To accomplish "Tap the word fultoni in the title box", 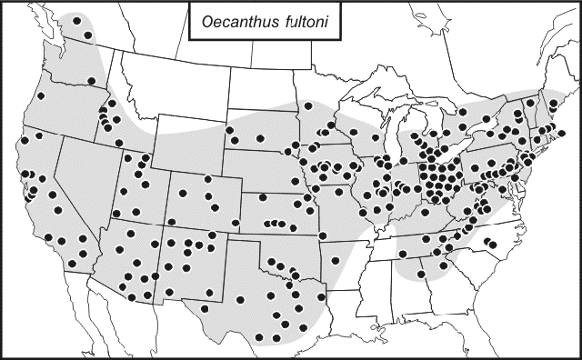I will point(297,25).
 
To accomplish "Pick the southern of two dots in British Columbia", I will point(88,35).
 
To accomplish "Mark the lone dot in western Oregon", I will point(40,96).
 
